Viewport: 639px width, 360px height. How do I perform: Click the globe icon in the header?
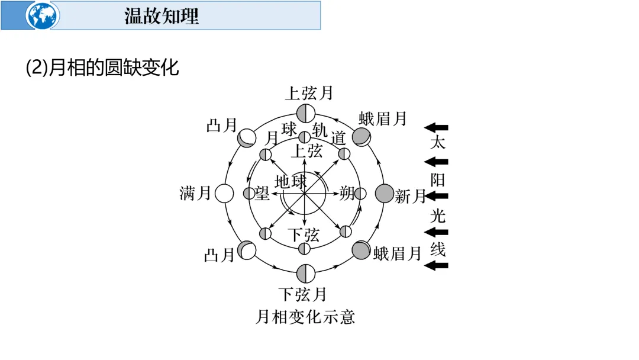pyautogui.click(x=43, y=15)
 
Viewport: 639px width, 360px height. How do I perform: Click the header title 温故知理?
pyautogui.click(x=162, y=16)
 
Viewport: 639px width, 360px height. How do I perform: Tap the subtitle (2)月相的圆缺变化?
pyautogui.click(x=102, y=67)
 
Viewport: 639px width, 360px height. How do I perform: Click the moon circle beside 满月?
pyautogui.click(x=224, y=194)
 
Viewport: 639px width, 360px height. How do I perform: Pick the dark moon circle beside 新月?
pyautogui.click(x=384, y=194)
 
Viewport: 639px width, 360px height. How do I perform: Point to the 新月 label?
pyautogui.click(x=410, y=196)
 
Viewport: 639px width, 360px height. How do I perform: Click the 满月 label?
pyautogui.click(x=196, y=194)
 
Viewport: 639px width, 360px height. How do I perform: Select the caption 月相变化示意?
pyautogui.click(x=305, y=317)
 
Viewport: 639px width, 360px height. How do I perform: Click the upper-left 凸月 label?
pyautogui.click(x=221, y=126)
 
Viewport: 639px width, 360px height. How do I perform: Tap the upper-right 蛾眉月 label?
pyautogui.click(x=383, y=118)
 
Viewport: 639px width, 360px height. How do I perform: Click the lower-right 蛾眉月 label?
pyautogui.click(x=397, y=255)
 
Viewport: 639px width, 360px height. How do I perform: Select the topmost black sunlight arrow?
pyautogui.click(x=437, y=127)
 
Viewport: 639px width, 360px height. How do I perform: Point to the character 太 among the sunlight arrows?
pyautogui.click(x=437, y=143)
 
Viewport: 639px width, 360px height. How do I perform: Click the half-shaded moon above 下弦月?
pyautogui.click(x=305, y=273)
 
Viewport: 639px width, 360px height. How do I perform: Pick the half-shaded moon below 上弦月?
pyautogui.click(x=305, y=112)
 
